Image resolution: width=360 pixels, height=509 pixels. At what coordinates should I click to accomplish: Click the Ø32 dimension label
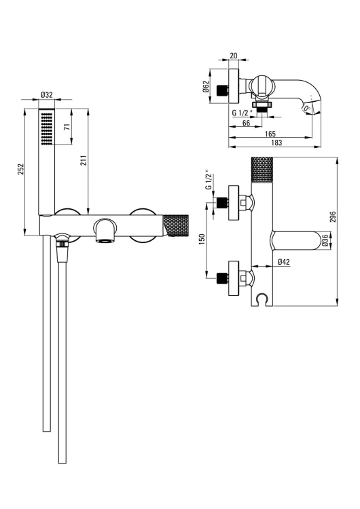click(46, 95)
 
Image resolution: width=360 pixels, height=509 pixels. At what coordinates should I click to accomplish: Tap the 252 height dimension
click(20, 169)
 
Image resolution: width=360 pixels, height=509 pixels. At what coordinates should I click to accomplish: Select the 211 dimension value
click(84, 160)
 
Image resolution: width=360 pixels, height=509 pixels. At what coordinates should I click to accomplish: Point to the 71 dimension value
click(67, 127)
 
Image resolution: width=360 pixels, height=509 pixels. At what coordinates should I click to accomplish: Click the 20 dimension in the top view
click(233, 56)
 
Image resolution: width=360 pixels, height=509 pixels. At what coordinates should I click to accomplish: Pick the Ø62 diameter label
click(205, 86)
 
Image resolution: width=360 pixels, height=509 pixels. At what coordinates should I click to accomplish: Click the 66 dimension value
click(247, 123)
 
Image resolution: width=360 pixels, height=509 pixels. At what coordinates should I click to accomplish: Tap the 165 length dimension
click(270, 134)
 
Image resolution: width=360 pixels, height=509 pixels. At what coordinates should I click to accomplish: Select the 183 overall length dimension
click(276, 143)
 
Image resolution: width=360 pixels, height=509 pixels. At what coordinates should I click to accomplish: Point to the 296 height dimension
click(333, 216)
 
